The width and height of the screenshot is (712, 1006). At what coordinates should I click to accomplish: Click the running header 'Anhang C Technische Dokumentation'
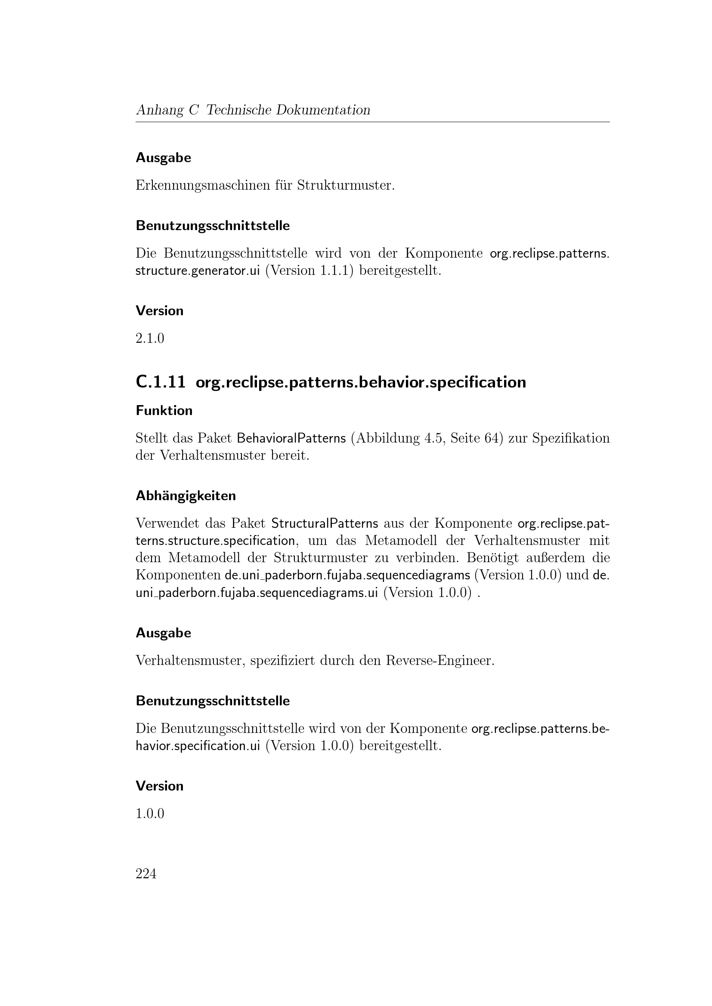[253, 110]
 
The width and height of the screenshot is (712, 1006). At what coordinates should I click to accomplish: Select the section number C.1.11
[161, 382]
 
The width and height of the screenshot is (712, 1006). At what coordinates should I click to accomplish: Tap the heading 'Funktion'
[164, 411]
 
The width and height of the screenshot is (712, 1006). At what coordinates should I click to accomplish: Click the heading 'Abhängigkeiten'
[186, 495]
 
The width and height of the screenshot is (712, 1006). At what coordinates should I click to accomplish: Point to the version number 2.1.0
[149, 338]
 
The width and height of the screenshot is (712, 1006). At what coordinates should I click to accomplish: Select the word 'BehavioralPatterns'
[291, 438]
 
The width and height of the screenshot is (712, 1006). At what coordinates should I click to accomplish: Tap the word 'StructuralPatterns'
[325, 523]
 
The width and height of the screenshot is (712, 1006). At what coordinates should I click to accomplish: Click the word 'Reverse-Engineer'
[440, 660]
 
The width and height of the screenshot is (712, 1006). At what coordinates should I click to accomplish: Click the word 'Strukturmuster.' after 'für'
[346, 185]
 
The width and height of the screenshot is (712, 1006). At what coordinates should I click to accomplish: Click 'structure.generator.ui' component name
[198, 271]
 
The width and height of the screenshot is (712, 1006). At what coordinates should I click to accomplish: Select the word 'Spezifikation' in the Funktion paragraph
[571, 438]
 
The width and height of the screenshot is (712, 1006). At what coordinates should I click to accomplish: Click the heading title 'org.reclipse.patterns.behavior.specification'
[360, 382]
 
